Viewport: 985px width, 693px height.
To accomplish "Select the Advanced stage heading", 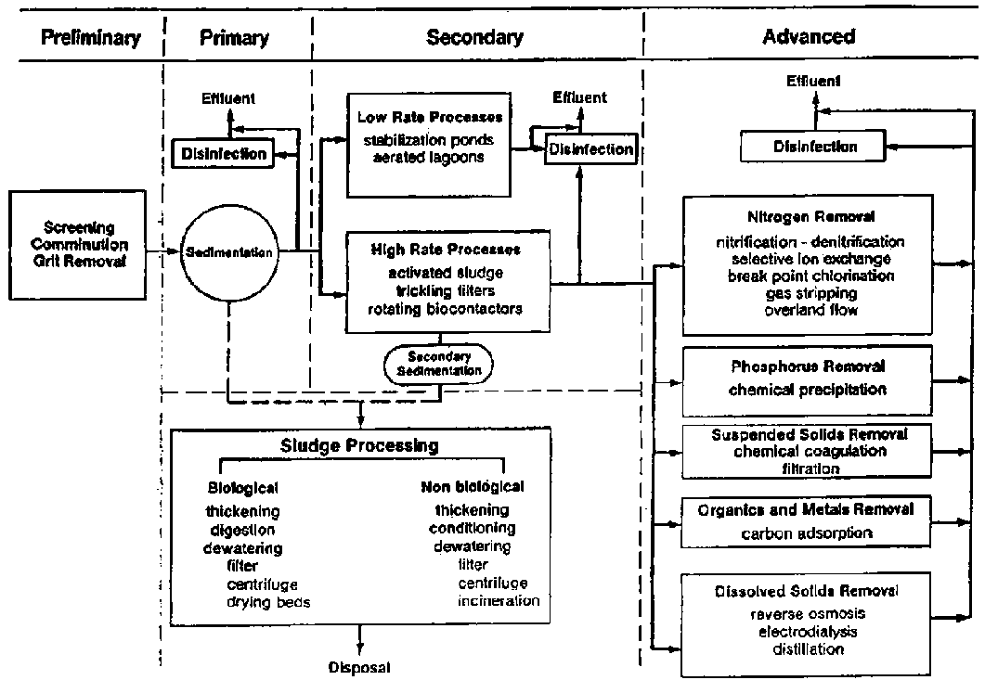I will tap(808, 38).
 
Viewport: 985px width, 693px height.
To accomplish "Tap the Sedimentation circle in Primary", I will tap(227, 250).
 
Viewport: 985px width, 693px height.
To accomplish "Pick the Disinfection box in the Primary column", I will tap(224, 155).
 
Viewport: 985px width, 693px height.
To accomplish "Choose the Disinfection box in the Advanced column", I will tap(815, 147).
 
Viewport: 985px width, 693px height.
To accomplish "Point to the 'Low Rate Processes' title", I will tap(429, 118).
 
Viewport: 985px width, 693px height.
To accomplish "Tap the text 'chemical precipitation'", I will tap(807, 390).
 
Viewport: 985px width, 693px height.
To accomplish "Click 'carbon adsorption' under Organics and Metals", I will tap(807, 533).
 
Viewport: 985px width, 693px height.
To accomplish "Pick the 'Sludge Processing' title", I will tap(359, 445).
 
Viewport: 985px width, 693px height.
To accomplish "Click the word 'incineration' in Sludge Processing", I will tap(498, 600).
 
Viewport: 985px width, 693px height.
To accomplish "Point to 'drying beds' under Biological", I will tap(268, 601).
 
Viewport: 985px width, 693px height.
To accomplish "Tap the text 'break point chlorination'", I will tap(806, 276).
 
